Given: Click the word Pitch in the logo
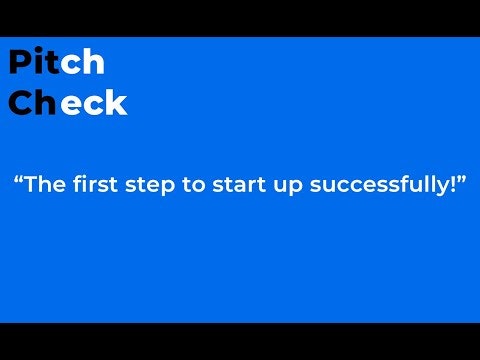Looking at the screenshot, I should click(56, 62).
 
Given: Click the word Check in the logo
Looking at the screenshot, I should click(67, 102).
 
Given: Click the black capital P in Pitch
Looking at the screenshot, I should click(20, 62).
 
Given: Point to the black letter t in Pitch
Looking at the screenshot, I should click(51, 63).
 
